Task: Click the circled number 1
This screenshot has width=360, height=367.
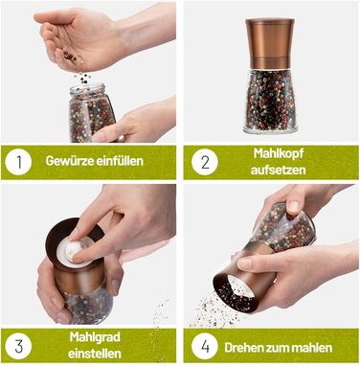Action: click(x=18, y=162)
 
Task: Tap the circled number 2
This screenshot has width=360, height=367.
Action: click(x=205, y=162)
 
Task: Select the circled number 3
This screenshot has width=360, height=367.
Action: click(x=18, y=346)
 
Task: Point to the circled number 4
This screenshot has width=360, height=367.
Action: click(x=205, y=346)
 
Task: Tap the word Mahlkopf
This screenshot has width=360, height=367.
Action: click(x=279, y=153)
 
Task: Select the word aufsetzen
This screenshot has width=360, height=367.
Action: click(x=279, y=170)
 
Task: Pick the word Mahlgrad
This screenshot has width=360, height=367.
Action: click(x=95, y=337)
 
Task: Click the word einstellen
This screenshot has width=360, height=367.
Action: click(x=95, y=354)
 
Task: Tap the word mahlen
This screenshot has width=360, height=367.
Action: click(x=313, y=348)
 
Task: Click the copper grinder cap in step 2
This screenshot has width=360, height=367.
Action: click(x=270, y=43)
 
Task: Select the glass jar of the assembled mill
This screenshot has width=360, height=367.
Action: click(x=270, y=101)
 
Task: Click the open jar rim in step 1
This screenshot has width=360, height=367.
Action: click(x=88, y=89)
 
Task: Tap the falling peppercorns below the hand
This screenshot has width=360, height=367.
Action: click(x=84, y=78)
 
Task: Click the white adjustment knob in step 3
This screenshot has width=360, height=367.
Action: click(x=75, y=251)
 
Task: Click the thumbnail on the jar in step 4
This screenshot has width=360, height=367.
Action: click(x=294, y=207)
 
